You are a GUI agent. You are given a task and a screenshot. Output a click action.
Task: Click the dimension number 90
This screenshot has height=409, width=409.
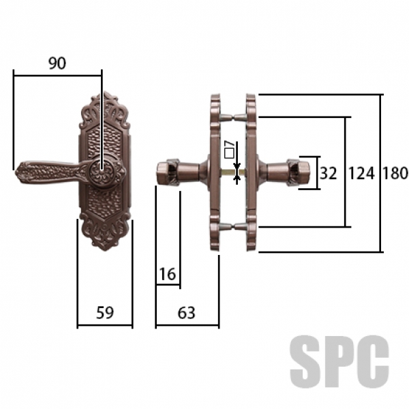(57, 63)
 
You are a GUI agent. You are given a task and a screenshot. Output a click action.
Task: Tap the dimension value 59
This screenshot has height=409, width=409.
(105, 312)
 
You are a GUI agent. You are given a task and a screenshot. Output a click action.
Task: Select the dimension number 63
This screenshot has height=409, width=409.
(186, 313)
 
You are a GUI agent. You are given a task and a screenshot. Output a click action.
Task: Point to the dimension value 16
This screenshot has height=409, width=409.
(167, 274)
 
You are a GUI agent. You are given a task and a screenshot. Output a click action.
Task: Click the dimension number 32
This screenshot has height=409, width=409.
(328, 173)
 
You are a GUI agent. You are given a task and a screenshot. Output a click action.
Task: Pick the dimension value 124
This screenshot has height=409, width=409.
(361, 173)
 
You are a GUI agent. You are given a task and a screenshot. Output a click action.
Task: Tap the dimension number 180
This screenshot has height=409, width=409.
(395, 173)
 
